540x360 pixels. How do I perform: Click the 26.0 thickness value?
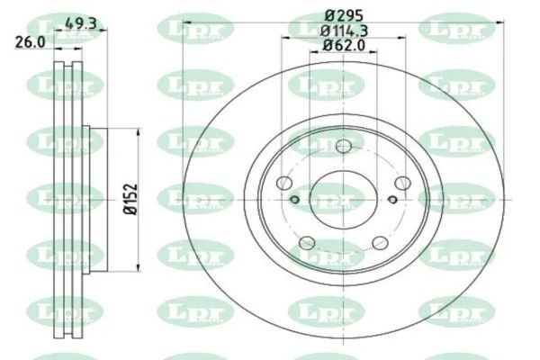29,40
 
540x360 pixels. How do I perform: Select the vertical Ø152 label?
129,197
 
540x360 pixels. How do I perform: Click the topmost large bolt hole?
343,148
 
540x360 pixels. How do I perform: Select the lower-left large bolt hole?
306,242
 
